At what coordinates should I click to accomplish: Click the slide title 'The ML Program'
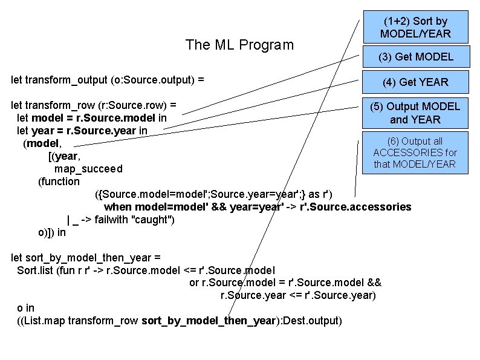click(x=239, y=45)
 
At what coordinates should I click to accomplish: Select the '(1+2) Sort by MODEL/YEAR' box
click(x=415, y=27)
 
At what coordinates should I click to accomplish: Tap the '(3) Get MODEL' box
click(x=415, y=57)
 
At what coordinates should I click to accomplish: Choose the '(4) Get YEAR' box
click(x=415, y=82)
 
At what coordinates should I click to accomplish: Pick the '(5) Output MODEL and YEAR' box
click(x=415, y=113)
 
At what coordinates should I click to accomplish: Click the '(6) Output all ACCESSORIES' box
click(x=415, y=152)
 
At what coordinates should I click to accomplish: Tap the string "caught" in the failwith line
click(x=152, y=220)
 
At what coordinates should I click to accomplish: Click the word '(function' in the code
click(x=59, y=181)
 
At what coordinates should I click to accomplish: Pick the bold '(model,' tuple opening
click(x=42, y=143)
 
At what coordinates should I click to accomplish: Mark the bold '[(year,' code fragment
click(x=63, y=155)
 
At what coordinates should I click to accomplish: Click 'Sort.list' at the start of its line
click(x=36, y=270)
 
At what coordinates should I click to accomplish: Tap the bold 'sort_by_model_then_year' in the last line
click(x=209, y=320)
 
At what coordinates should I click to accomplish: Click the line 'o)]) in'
click(x=51, y=232)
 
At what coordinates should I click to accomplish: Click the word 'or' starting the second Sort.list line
click(x=195, y=283)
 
